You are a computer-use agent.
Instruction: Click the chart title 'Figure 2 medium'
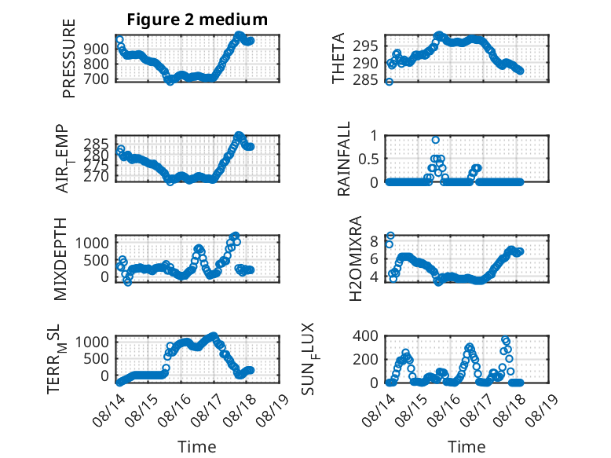click(x=197, y=19)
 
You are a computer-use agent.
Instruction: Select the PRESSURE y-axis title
click(x=68, y=58)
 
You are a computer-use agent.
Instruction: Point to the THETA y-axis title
click(x=338, y=58)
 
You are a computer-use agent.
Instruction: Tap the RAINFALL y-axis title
click(x=344, y=159)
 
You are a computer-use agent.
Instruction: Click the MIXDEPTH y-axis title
click(x=60, y=259)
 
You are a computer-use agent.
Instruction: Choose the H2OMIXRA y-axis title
click(x=356, y=258)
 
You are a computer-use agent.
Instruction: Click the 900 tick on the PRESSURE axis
click(x=96, y=49)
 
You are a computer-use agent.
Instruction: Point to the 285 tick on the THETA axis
click(x=365, y=80)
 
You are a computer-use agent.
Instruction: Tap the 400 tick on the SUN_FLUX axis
click(x=365, y=335)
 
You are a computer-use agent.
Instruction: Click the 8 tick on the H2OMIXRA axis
click(x=374, y=242)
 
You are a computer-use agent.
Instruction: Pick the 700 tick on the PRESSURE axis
click(x=96, y=79)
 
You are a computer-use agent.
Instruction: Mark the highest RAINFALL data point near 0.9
click(x=436, y=140)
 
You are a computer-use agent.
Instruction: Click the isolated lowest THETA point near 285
click(x=389, y=82)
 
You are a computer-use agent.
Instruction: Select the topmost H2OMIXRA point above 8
click(x=390, y=236)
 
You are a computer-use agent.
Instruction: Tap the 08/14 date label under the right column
click(x=378, y=409)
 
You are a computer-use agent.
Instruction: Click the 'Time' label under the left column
click(x=197, y=447)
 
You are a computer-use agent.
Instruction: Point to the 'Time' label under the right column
click(x=466, y=447)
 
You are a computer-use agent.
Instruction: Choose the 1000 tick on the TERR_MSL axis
click(x=92, y=343)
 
